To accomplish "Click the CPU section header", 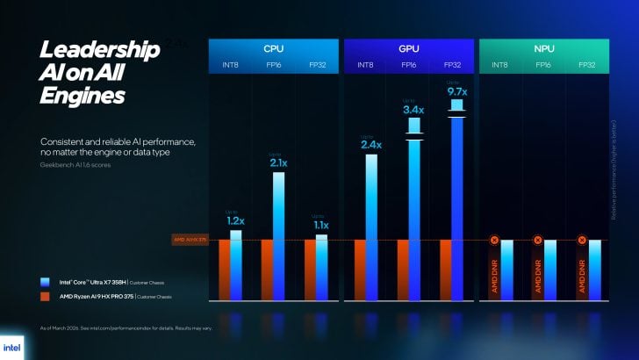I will (273, 49).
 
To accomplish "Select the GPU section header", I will (408, 49).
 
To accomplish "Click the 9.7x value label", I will (456, 90).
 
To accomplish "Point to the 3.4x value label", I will (413, 110).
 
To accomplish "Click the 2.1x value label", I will (279, 162).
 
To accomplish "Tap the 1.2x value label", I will (236, 220).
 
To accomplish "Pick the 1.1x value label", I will (321, 224).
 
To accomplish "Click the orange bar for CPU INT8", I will (225, 268).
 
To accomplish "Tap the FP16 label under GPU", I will (408, 65).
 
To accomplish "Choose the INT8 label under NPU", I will (499, 65).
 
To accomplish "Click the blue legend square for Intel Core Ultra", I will (44, 282).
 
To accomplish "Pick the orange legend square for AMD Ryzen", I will (44, 297).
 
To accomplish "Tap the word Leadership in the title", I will (99, 51).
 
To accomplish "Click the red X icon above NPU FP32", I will (580, 240).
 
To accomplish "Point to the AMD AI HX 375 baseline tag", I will (189, 240).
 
